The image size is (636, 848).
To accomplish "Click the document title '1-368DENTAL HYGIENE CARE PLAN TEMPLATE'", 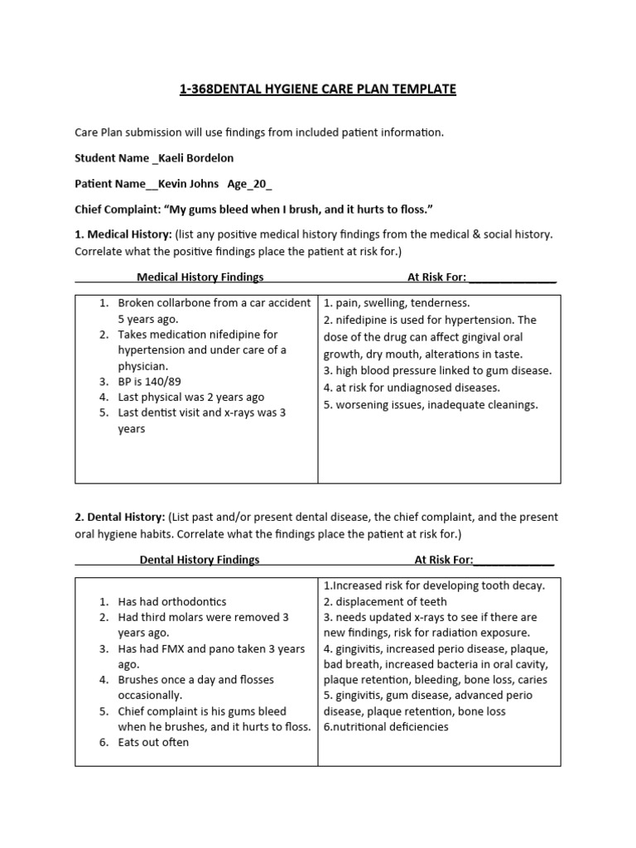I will pos(318,89).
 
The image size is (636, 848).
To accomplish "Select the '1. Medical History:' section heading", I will pos(123,234).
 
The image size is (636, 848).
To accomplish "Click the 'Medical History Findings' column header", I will pos(200,277).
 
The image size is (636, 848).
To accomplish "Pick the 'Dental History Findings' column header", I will pos(200,560).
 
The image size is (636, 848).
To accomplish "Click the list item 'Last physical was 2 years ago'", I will pos(190,397).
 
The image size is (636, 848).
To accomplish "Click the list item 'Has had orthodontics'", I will pos(171,602).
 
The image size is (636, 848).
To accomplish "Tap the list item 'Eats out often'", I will pos(153,743).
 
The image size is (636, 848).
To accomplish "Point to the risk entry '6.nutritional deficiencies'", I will pos(386,727).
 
